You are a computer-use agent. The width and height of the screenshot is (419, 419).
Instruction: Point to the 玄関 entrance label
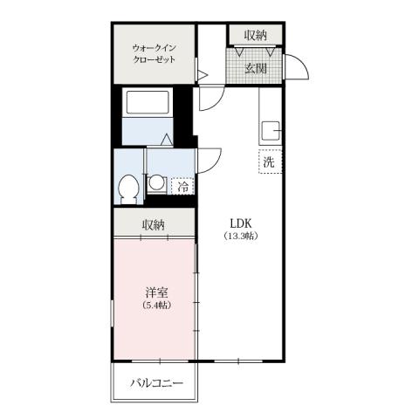[x=255, y=68]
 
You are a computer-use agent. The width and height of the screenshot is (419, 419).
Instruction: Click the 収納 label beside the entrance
[x=255, y=35]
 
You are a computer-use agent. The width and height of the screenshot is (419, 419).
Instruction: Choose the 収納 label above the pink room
[x=155, y=225]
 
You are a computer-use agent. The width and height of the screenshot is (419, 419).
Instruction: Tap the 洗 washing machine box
[x=269, y=162]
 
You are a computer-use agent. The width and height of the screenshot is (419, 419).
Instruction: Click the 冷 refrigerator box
[x=183, y=185]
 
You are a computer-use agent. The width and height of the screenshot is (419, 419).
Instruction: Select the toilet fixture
[x=128, y=187]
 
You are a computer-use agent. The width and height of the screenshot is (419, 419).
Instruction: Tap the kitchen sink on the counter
[x=271, y=133]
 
